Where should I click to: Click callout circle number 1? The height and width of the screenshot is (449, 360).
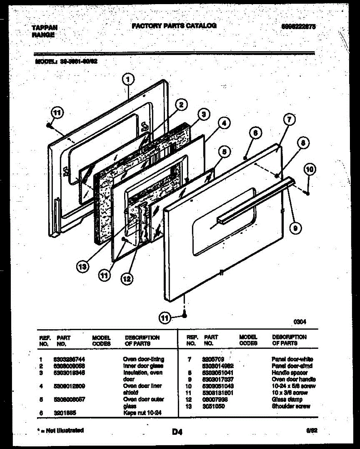(128, 79)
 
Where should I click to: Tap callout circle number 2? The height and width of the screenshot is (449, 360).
(181, 106)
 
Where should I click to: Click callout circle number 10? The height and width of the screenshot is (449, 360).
(310, 169)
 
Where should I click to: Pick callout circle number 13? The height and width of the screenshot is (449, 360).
(83, 266)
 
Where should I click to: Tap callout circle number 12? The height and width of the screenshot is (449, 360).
(127, 278)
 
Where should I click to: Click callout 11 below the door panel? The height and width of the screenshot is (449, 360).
(164, 318)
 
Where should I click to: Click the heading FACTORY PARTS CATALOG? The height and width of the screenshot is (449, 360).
(174, 26)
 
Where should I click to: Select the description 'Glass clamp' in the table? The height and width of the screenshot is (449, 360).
(287, 400)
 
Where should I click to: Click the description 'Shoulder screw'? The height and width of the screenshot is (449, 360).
(291, 406)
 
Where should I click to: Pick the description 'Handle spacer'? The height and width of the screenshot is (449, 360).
(289, 373)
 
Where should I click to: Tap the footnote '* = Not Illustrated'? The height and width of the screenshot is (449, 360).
(60, 430)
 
